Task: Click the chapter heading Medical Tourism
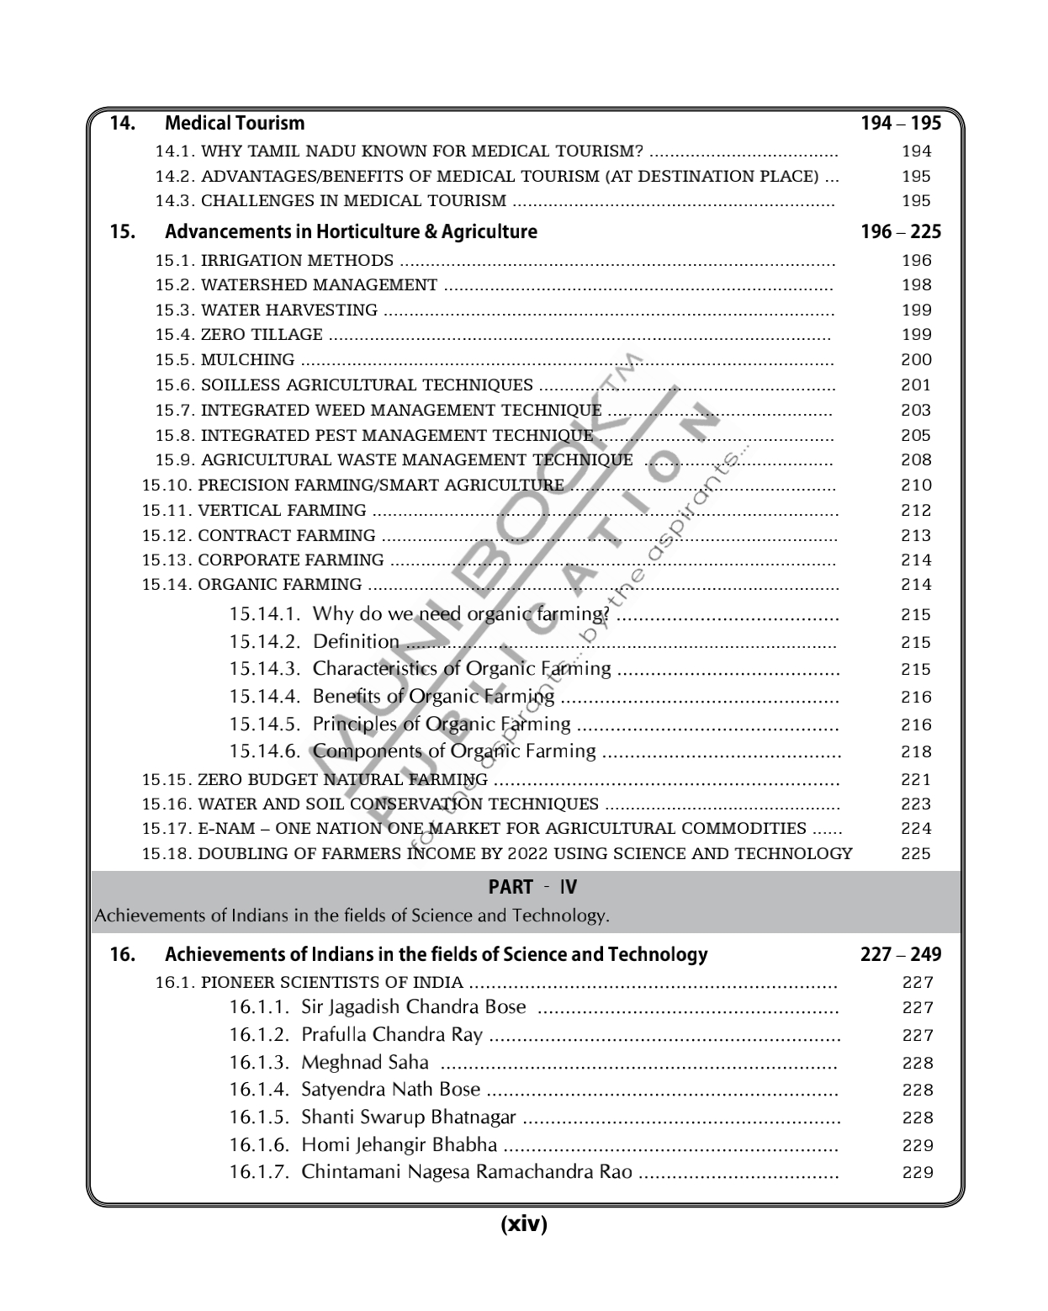pos(235,124)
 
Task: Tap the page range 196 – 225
pos(901,231)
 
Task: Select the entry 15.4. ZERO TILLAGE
pos(239,335)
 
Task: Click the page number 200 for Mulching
pos(916,360)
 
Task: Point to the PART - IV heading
pos(532,887)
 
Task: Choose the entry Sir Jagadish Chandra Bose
pos(378,1007)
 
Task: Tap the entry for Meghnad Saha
pos(329,1063)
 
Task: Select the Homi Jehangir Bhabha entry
pos(363,1145)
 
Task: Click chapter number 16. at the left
pos(123,954)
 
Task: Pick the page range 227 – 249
pos(901,954)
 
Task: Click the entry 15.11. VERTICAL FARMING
pos(254,511)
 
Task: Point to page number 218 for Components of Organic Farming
pos(916,752)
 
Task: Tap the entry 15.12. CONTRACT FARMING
pos(258,536)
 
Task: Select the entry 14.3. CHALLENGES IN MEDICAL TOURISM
pos(331,201)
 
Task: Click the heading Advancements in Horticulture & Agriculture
pos(351,231)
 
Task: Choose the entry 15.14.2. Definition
pos(314,642)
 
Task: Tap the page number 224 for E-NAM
pos(916,829)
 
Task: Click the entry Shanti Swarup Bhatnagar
pos(373,1117)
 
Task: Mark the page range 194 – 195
pos(901,124)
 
